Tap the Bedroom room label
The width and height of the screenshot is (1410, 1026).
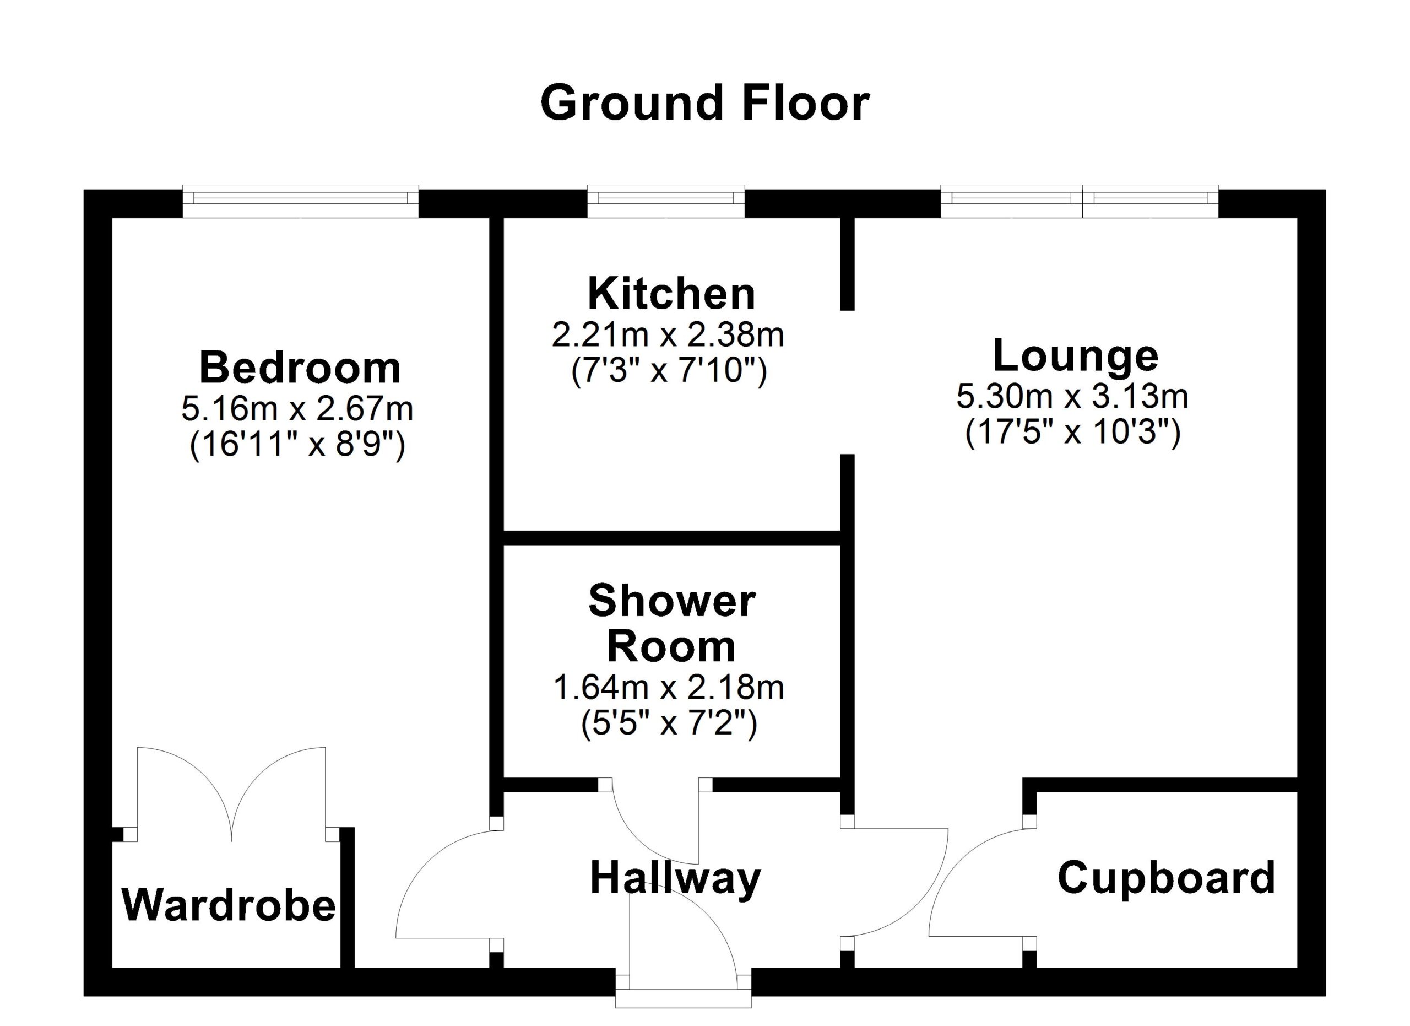(x=300, y=368)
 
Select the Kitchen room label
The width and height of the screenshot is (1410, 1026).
(x=671, y=294)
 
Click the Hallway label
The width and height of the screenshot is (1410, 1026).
(x=675, y=879)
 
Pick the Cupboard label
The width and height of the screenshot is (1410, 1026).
(x=1167, y=879)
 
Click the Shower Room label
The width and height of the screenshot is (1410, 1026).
(x=671, y=624)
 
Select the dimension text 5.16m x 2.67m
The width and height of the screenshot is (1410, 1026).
(x=297, y=409)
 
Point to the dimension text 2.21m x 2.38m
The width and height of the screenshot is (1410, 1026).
(x=668, y=336)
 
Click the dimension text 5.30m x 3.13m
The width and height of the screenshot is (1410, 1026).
(x=1072, y=397)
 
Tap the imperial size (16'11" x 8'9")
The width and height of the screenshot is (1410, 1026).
(x=297, y=445)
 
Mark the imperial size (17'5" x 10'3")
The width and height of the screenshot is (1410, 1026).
(x=1072, y=432)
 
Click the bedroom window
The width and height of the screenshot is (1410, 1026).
(x=300, y=201)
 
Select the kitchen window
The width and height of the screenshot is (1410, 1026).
(x=666, y=201)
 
